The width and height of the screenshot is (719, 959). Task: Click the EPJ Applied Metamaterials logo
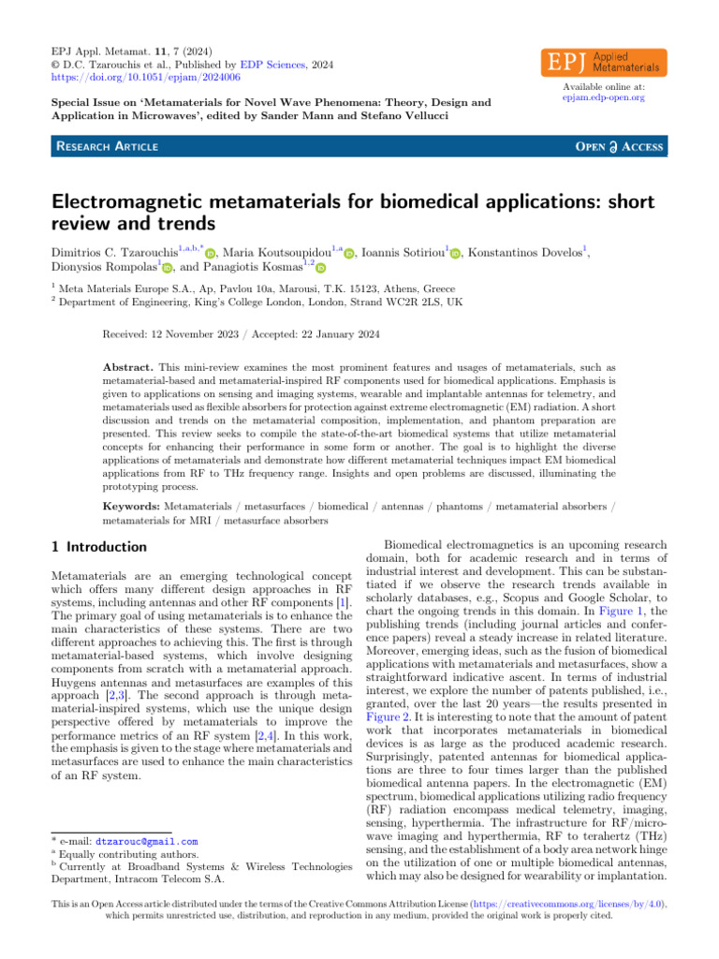click(x=604, y=62)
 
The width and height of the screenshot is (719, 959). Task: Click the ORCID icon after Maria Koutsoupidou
click(x=350, y=252)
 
